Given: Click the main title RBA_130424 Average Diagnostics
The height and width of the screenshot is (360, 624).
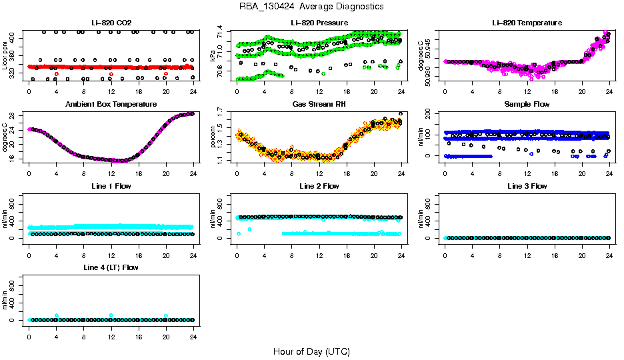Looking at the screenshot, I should tap(311, 6).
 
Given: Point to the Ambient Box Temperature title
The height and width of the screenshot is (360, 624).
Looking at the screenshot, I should tap(111, 104).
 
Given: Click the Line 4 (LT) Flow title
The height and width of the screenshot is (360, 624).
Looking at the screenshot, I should tap(111, 267).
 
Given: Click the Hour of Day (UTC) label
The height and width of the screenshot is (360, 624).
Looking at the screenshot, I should tap(311, 351).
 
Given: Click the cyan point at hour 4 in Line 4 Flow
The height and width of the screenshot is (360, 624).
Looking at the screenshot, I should tap(57, 315).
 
